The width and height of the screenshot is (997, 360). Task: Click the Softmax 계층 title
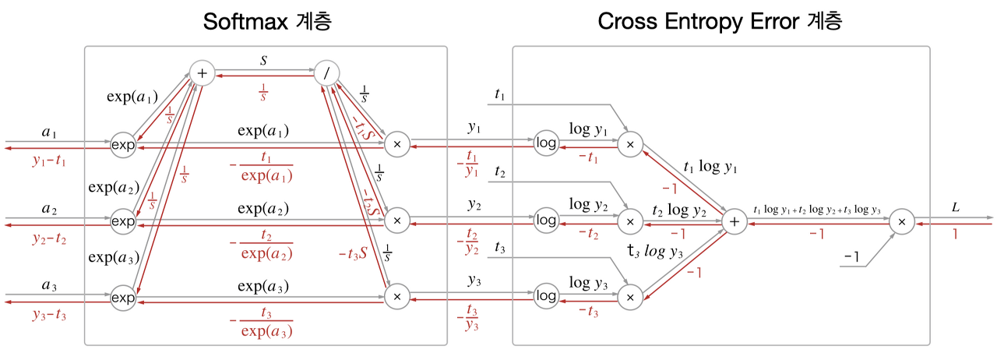pos(267,21)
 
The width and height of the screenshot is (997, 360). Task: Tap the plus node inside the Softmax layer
pos(202,73)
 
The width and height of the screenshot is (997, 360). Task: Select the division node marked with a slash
pos(327,73)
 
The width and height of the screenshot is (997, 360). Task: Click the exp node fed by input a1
pos(122,145)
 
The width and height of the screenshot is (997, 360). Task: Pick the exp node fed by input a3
pos(122,297)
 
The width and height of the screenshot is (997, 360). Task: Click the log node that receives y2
pos(547,221)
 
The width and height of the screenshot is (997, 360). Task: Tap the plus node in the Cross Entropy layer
pos(733,222)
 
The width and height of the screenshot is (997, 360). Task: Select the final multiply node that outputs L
pos(901,222)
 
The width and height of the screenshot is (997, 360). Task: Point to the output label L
pos(955,208)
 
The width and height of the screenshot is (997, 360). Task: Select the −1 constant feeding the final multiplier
pos(854,256)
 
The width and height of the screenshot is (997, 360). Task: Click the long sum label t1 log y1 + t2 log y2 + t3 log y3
pos(817,210)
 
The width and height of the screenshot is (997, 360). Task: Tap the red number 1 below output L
pos(955,234)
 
